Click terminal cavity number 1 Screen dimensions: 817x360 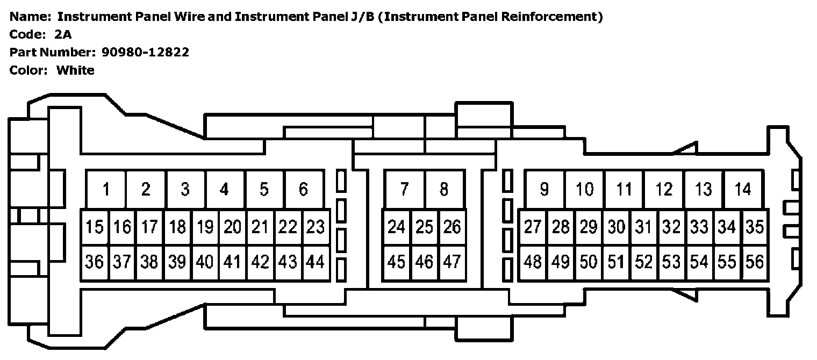[x=106, y=190]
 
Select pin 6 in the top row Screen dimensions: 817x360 [x=304, y=190]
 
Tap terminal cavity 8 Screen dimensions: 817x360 [x=444, y=190]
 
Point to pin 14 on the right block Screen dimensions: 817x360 [x=743, y=190]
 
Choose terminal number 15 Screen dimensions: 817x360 [x=95, y=227]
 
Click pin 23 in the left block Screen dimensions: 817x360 [x=315, y=227]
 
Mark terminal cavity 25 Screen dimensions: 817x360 [x=425, y=227]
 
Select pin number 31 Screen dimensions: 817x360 [x=643, y=227]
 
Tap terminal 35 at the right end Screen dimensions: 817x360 [x=755, y=227]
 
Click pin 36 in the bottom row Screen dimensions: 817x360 [x=95, y=262]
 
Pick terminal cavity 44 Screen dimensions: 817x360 [x=315, y=262]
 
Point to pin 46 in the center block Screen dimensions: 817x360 [x=425, y=262]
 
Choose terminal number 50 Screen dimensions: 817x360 [x=589, y=262]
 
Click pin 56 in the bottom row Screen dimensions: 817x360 [x=755, y=262]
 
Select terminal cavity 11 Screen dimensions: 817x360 [x=624, y=190]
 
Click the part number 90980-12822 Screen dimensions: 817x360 [x=145, y=52]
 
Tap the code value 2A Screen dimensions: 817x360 [x=63, y=34]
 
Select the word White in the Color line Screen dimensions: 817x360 [x=75, y=70]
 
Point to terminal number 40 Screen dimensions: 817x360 [x=205, y=262]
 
